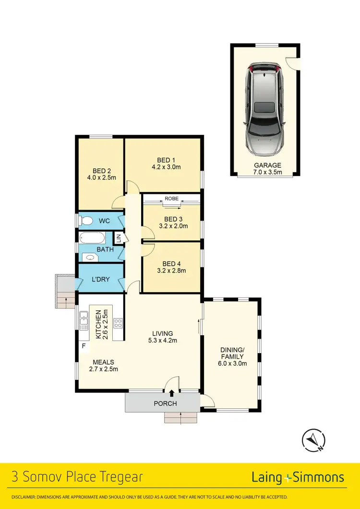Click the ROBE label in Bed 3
click(x=171, y=198)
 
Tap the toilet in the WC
click(x=86, y=221)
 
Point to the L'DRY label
click(x=101, y=279)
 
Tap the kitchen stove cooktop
click(x=118, y=323)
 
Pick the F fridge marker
click(x=84, y=345)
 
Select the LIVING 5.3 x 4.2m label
click(x=162, y=337)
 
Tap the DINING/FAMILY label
click(x=233, y=356)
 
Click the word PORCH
click(x=165, y=403)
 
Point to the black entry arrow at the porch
click(x=172, y=394)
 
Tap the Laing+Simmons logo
click(x=298, y=477)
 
